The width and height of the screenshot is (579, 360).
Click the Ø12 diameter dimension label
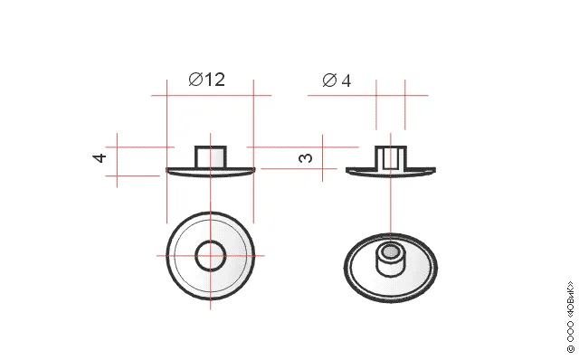[x=207, y=80]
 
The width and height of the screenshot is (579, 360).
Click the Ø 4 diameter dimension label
[x=337, y=81]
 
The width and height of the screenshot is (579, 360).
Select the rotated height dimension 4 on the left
[x=100, y=158]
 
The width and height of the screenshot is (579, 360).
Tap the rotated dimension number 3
[x=305, y=158]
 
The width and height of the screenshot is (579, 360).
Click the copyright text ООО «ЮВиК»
[x=571, y=317]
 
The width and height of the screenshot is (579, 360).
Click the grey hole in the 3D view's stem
[x=390, y=251]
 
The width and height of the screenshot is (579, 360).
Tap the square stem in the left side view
[x=211, y=156]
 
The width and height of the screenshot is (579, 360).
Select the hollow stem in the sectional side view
[x=391, y=158]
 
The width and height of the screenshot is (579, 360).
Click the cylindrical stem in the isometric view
[x=390, y=260]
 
